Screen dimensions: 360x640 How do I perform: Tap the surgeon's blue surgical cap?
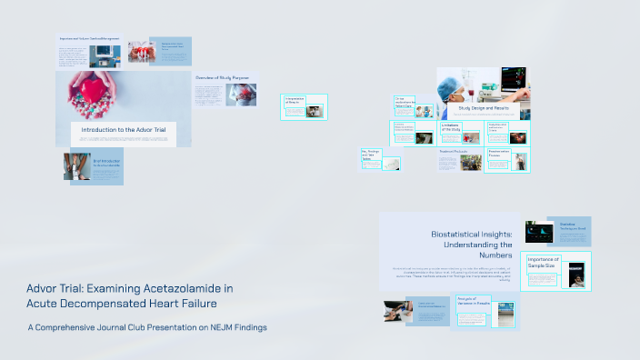point(451,81)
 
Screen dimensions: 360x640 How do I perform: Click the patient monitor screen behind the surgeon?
point(508,79)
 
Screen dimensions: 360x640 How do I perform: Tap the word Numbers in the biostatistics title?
point(495,256)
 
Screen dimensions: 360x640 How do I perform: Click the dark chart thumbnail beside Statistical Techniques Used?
point(539,231)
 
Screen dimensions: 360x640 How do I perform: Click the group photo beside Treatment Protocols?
point(470,163)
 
